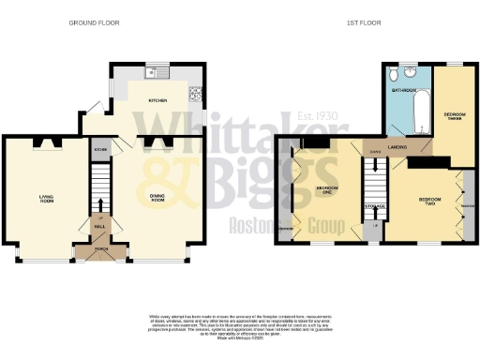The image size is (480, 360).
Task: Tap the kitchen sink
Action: (150, 72)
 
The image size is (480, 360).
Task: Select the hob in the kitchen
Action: (195, 93)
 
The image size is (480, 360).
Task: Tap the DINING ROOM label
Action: (157, 198)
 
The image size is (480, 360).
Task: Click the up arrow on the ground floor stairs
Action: (99, 205)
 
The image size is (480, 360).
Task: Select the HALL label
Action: (99, 226)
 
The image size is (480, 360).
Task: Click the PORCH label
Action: (100, 249)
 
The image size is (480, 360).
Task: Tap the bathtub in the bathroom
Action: (420, 110)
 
